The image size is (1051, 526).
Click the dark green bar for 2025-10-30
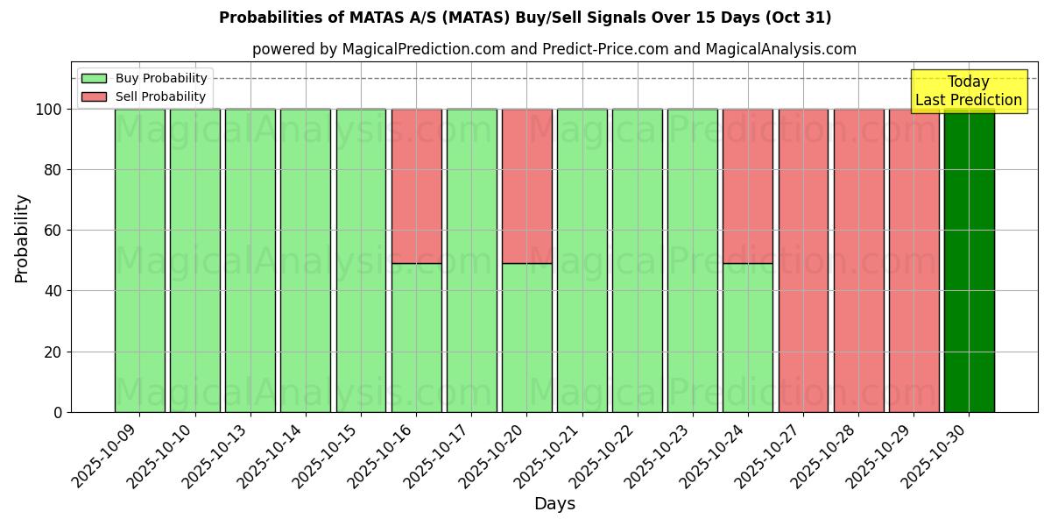coord(969,260)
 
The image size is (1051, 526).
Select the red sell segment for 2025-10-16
coord(416,186)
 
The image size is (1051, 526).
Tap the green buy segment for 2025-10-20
coord(526,338)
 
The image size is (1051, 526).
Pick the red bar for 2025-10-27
coord(803,260)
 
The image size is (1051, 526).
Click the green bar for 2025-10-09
coord(139,260)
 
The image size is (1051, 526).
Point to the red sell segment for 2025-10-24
coord(748,186)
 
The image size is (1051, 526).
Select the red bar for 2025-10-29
coord(913,260)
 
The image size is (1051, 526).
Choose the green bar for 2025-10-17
coord(471,260)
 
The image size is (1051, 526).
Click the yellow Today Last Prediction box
coord(969,91)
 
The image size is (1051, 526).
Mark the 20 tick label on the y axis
coord(53,352)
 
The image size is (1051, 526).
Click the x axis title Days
coord(554,504)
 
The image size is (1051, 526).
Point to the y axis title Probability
coord(22,238)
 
